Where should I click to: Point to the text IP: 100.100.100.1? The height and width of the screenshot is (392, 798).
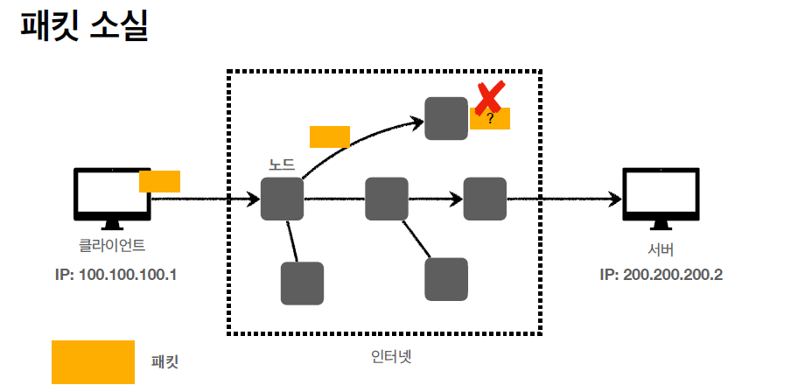click(115, 274)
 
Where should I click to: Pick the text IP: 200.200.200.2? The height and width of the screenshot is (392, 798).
click(661, 274)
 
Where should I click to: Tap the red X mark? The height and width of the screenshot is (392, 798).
click(490, 97)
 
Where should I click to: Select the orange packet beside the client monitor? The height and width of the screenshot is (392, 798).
click(159, 181)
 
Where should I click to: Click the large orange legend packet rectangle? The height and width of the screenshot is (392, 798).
click(93, 361)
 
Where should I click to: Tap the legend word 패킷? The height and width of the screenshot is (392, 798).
click(164, 361)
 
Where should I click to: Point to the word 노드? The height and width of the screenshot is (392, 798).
click(282, 164)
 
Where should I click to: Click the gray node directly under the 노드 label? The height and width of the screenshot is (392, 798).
click(282, 199)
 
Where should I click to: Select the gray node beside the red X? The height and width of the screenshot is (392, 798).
click(446, 118)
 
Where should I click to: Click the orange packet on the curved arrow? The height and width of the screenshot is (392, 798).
click(330, 136)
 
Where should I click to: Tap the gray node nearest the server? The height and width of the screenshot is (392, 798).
click(485, 199)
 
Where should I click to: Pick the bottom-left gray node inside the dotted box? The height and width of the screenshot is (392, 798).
click(302, 283)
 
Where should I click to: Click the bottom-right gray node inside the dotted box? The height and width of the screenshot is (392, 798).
click(446, 279)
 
